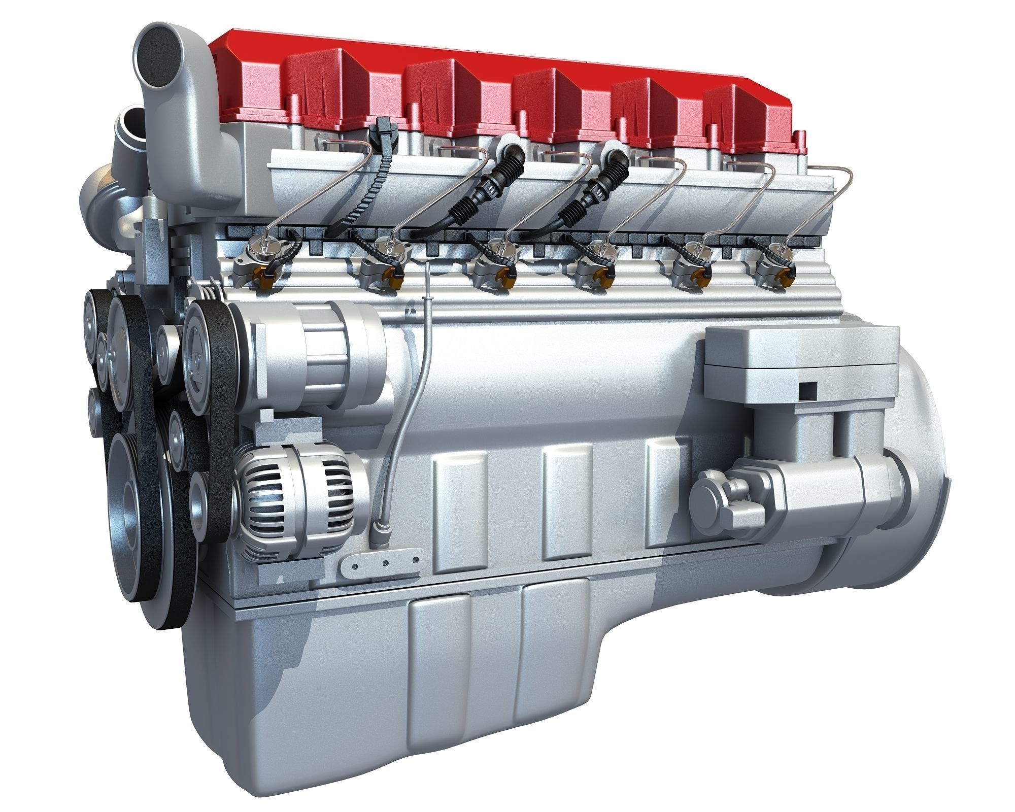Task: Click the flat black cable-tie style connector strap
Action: coord(382,173)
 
